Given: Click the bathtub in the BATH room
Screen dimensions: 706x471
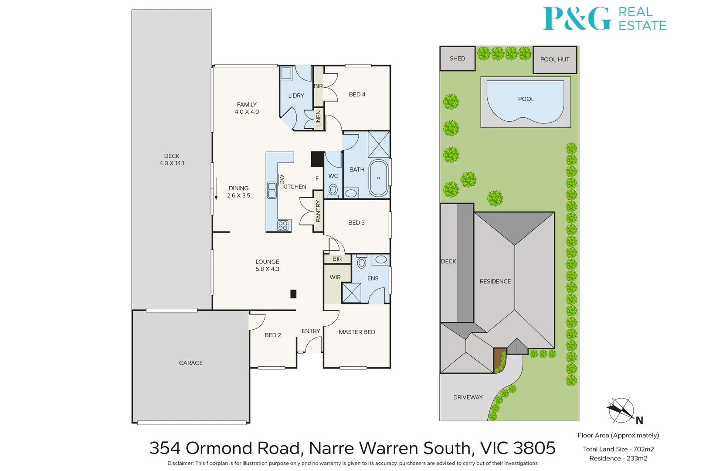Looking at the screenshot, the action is (x=378, y=178).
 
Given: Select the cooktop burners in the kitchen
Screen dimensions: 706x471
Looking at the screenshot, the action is (x=283, y=225).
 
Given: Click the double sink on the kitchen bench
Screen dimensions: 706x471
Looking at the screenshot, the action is (x=272, y=190).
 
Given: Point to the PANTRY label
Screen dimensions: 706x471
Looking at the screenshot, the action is (x=318, y=211).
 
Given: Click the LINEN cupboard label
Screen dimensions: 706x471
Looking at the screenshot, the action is (x=318, y=118).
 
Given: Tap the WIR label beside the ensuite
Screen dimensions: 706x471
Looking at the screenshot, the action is (x=335, y=277).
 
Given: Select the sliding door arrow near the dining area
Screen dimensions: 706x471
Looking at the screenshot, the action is (x=216, y=189).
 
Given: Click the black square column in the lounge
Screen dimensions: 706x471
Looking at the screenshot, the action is (x=293, y=294).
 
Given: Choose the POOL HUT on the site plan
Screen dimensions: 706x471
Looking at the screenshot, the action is (x=555, y=60).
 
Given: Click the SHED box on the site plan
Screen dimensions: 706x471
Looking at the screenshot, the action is (x=457, y=58).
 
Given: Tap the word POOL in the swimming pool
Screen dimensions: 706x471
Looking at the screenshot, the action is (x=526, y=99).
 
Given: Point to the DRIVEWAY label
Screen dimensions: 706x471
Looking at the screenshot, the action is (x=468, y=397).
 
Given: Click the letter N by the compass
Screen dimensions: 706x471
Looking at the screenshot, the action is (x=639, y=420).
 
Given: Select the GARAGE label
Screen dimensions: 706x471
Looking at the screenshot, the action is (x=191, y=363).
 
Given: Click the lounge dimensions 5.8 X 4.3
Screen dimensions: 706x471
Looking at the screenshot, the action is (x=267, y=269).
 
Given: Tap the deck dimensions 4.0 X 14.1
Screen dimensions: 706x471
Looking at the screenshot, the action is (x=172, y=164).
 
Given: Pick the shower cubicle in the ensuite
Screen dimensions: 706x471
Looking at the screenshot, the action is (x=351, y=293).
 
